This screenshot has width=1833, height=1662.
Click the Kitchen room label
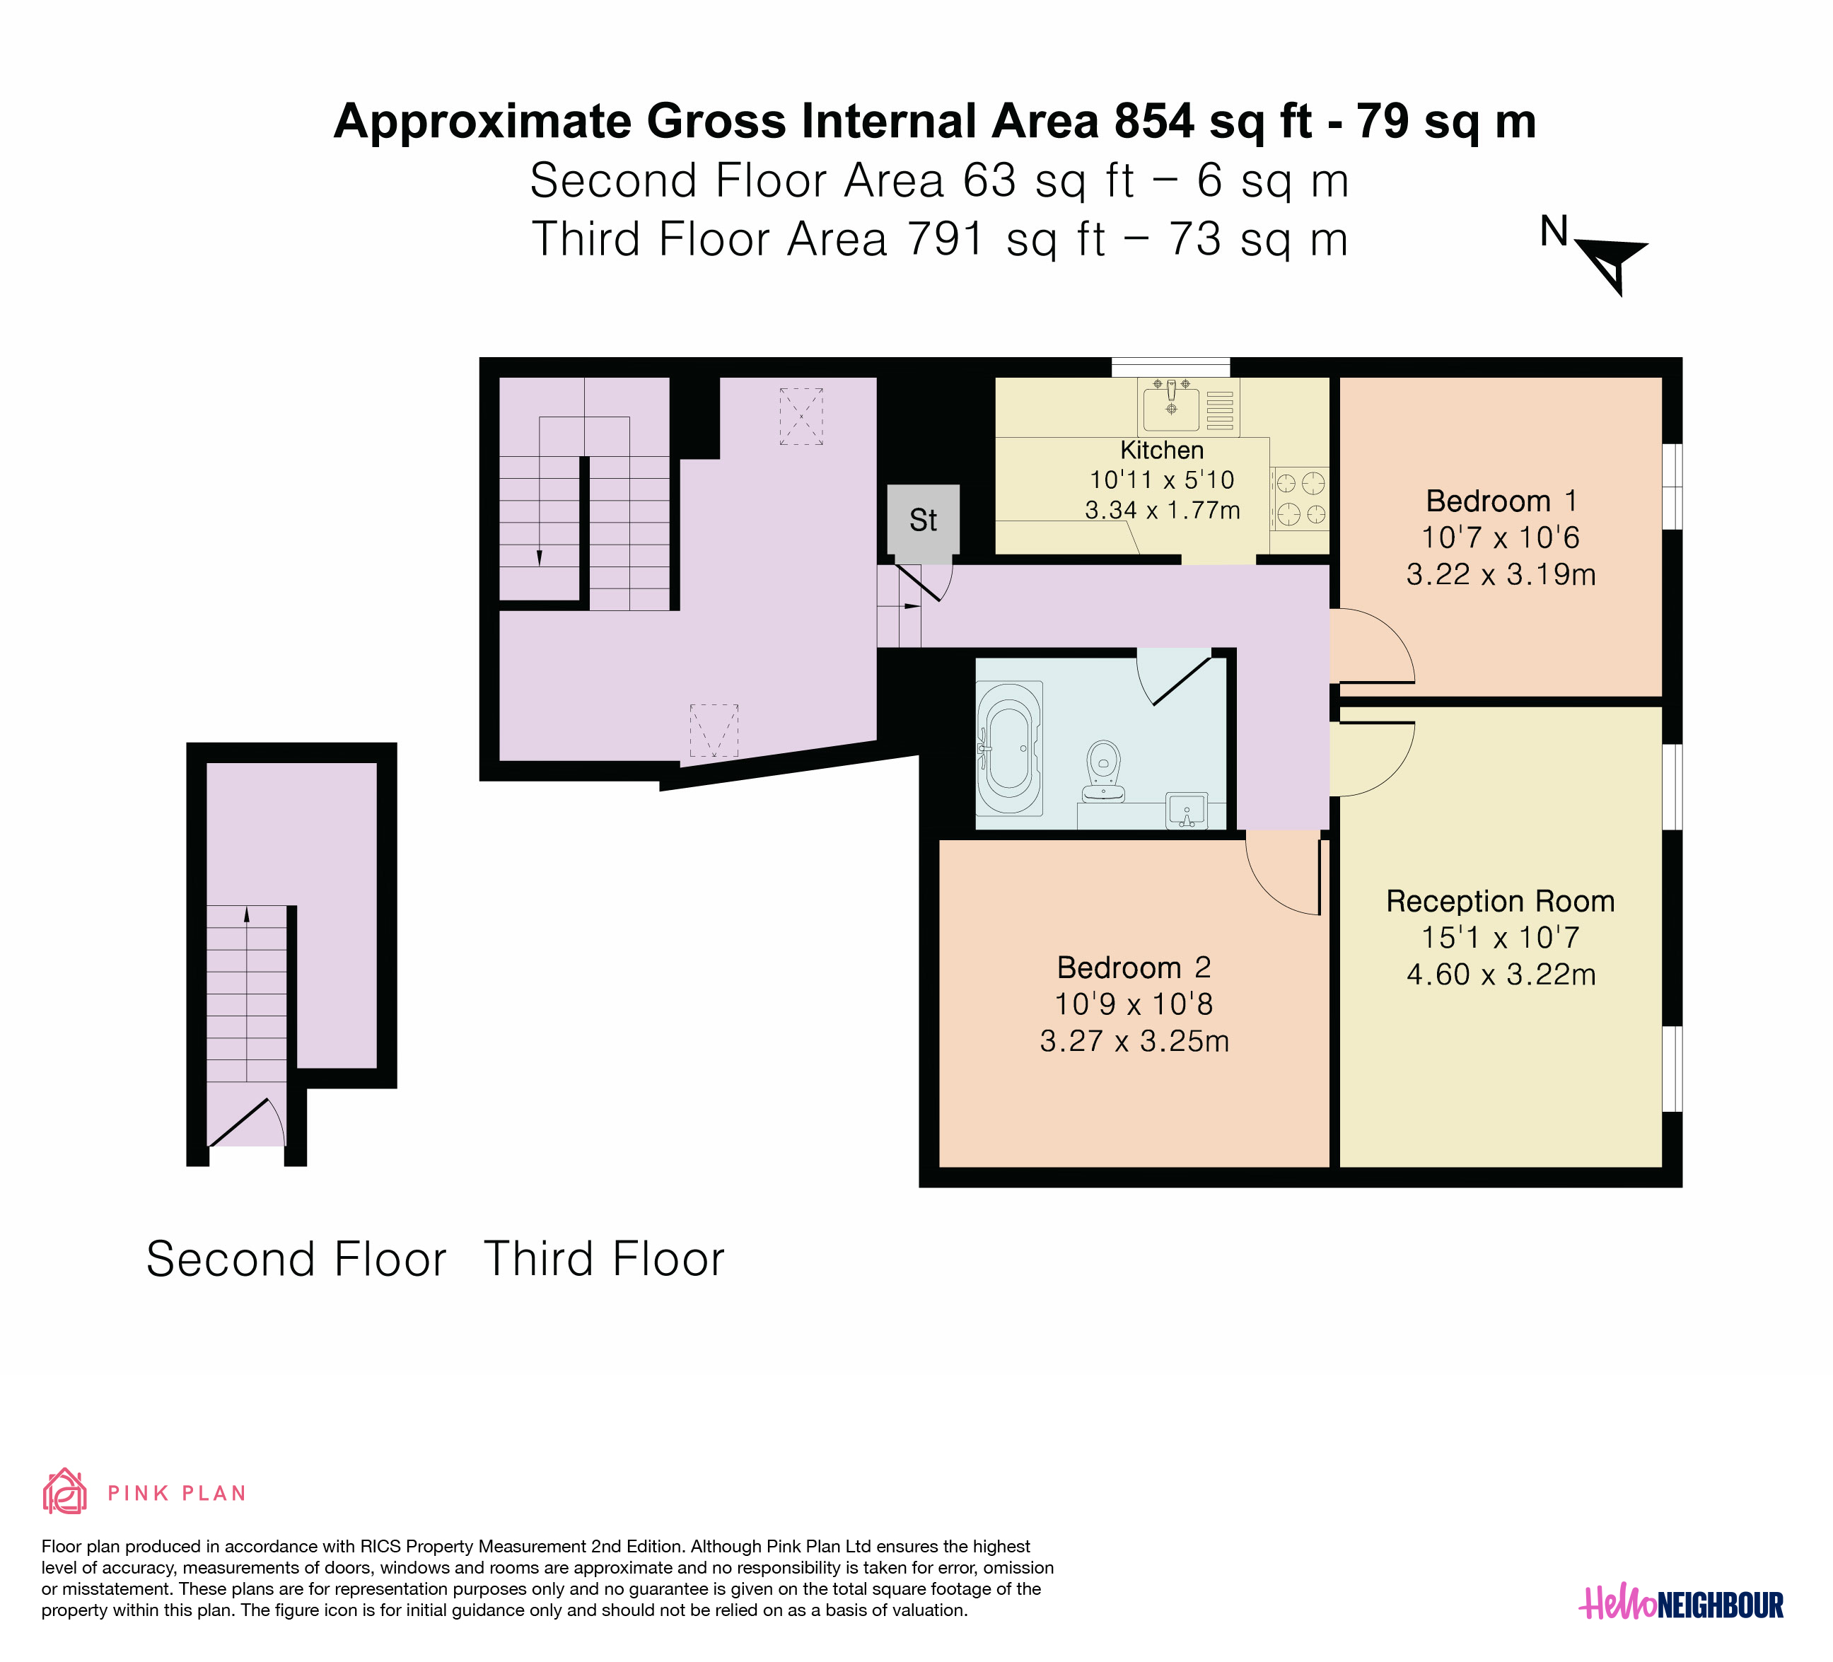(x=1161, y=450)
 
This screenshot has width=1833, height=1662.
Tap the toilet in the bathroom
(x=1104, y=771)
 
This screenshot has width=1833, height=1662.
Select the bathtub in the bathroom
(x=1009, y=748)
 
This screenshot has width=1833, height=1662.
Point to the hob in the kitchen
(x=1300, y=498)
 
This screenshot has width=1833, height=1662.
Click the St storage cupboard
(x=923, y=519)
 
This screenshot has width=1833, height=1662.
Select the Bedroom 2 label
(x=1134, y=967)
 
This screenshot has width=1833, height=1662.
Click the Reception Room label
(x=1500, y=901)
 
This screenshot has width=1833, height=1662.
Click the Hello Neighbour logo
(x=1681, y=1605)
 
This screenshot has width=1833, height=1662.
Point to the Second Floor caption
(x=296, y=1259)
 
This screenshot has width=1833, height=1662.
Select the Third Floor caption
(x=604, y=1259)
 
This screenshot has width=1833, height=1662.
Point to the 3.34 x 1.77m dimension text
(x=1162, y=510)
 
